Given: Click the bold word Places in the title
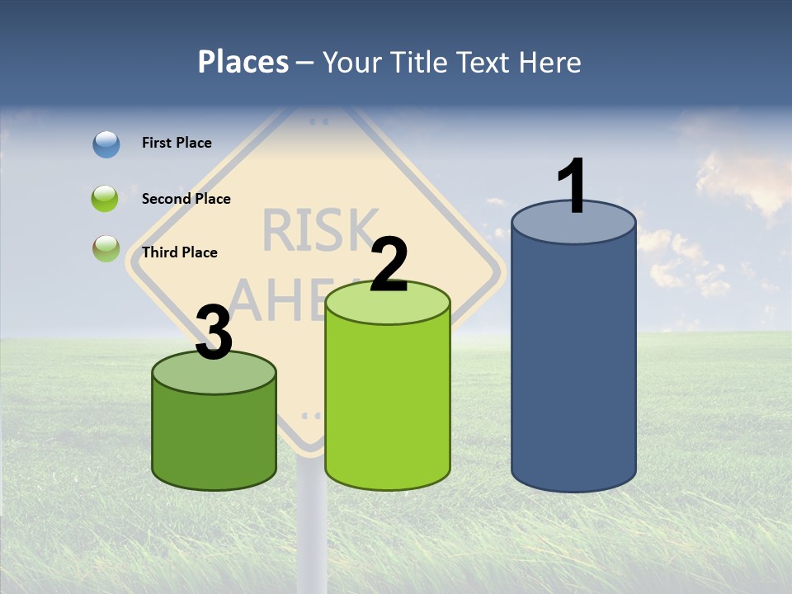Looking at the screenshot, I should point(243,62).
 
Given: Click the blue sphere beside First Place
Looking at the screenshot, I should point(106,144).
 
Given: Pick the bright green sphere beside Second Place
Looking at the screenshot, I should point(106,199).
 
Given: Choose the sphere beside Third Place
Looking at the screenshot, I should point(106,248).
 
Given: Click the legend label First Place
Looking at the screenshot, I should point(177,143).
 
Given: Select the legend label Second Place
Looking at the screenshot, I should point(186,199).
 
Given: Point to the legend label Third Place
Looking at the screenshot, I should point(179,252).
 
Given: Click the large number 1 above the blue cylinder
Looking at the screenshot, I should point(573,186).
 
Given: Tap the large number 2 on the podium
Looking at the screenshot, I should point(389,265).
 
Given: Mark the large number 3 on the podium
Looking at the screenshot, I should point(214,332).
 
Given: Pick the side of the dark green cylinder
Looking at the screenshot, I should point(214,437).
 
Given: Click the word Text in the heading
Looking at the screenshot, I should point(489,62).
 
